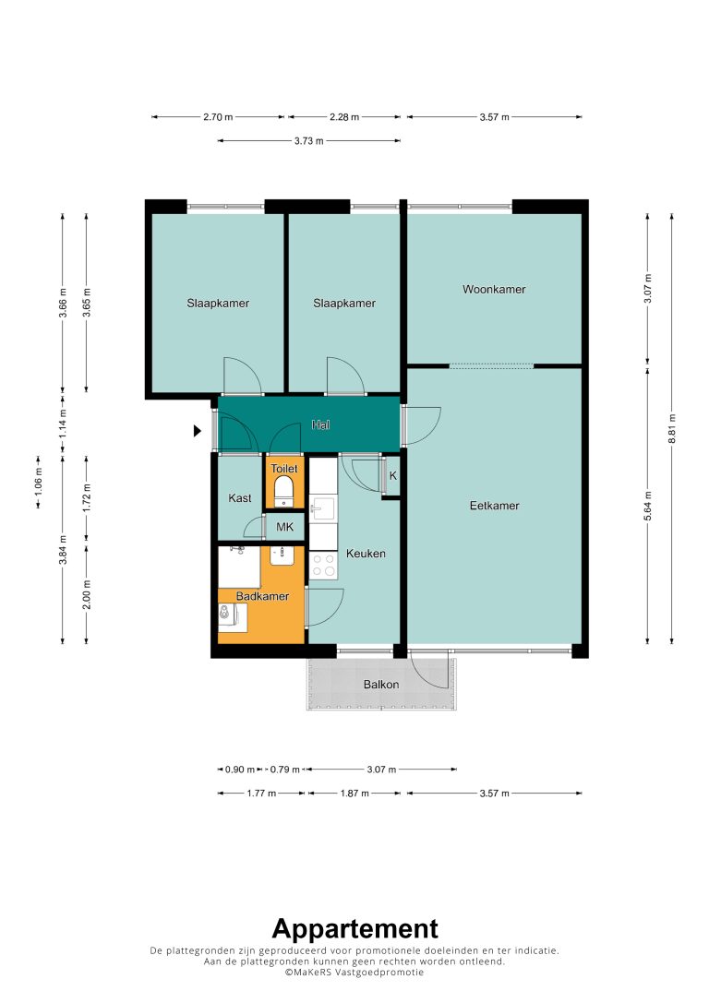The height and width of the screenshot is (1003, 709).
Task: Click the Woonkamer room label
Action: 494,289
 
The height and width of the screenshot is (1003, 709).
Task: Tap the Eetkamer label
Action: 494,506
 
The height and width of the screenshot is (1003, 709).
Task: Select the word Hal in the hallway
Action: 320,424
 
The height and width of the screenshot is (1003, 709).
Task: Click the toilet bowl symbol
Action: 283,493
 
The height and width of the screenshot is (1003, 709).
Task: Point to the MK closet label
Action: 284,527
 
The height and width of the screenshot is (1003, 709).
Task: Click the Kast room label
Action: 240,497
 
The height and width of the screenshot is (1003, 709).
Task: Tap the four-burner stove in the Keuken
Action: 323,566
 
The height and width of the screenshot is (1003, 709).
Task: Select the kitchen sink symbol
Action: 321,510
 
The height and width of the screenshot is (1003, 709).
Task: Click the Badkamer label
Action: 262,596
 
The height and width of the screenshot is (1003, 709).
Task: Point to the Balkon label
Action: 381,685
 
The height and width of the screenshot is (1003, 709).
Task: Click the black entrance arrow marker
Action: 198,431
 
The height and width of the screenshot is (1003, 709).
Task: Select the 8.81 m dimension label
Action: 672,428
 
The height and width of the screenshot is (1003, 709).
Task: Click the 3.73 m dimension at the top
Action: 309,141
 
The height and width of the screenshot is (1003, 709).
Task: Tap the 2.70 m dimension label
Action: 218,117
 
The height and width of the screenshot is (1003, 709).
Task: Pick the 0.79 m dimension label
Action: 284,770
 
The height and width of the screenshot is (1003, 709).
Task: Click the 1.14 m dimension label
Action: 63,423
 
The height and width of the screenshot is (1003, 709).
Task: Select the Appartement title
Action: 355,928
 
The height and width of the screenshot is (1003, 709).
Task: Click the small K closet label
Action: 393,476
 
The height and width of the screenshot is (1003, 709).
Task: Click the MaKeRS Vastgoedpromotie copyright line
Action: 354,972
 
